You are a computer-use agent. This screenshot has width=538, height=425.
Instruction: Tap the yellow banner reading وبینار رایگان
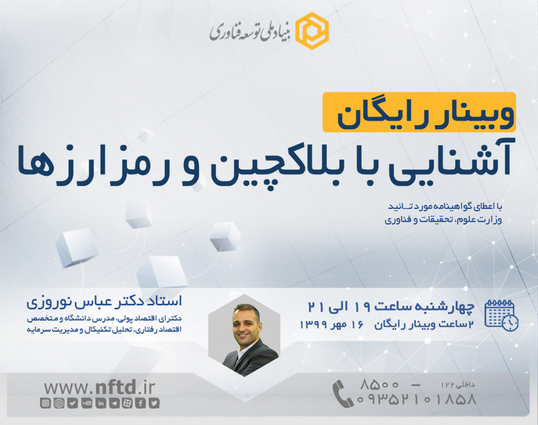[419, 112]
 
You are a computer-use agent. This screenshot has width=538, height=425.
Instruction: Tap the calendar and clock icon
[501, 316]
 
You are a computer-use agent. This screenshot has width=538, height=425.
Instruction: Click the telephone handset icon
[343, 394]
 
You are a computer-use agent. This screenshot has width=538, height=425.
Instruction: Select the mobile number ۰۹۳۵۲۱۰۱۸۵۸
[417, 399]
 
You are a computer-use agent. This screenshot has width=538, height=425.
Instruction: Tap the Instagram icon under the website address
[46, 403]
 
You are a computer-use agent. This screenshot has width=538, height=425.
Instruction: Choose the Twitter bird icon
[155, 403]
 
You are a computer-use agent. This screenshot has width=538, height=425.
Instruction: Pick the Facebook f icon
[141, 403]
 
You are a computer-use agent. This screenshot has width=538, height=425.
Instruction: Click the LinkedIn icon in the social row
[100, 403]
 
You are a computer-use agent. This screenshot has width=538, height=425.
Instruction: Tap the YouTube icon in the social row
[87, 403]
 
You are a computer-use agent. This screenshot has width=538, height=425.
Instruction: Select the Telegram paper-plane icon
[114, 403]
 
